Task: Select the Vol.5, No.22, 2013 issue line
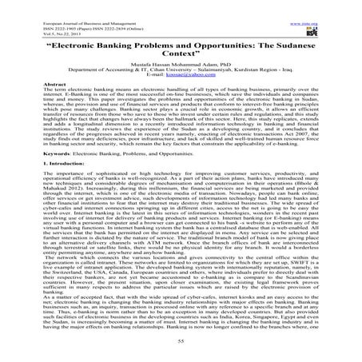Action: [x=31, y=18]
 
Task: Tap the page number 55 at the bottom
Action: [x=181, y=340]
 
